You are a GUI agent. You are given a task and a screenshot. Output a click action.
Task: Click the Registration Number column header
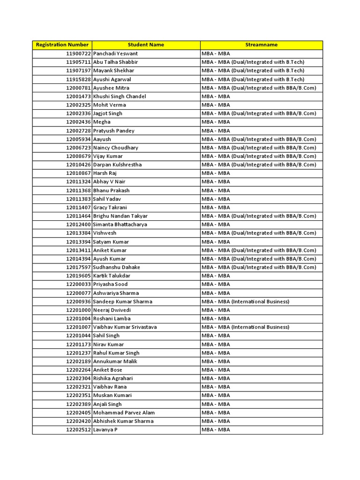click(62, 45)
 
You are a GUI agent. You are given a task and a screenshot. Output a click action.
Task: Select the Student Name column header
click(146, 45)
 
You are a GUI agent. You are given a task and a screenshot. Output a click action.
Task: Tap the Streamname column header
click(261, 45)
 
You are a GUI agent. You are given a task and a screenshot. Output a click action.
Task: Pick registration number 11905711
click(79, 62)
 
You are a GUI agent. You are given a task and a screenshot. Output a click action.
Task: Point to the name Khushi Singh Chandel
click(120, 96)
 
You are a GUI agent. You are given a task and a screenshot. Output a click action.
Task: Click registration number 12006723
click(79, 148)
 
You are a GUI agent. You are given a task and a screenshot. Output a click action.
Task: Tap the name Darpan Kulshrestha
click(117, 165)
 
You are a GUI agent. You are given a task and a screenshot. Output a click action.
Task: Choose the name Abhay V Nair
click(109, 182)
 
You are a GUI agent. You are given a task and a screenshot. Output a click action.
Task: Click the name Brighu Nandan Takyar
click(120, 216)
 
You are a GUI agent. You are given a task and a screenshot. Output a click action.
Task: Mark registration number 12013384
click(79, 233)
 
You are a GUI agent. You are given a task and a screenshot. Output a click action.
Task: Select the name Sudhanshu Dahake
click(117, 267)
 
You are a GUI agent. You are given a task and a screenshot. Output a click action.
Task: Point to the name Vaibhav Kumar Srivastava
click(125, 327)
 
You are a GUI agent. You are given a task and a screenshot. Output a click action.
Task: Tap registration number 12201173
click(79, 344)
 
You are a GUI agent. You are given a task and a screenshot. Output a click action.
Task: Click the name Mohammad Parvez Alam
click(124, 412)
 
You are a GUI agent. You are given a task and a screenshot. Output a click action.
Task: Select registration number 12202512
click(79, 430)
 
